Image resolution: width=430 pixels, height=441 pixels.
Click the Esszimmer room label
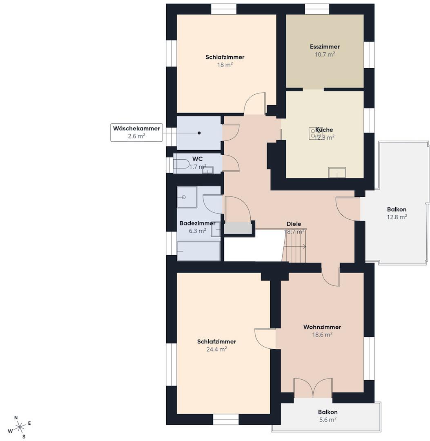click(325, 47)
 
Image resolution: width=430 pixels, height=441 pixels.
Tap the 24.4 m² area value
click(216, 349)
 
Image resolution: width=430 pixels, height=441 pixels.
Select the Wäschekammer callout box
click(136, 132)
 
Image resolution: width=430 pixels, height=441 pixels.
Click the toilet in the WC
click(181, 164)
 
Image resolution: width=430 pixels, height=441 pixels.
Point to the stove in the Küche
click(316, 133)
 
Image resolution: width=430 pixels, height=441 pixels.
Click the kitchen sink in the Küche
click(337, 172)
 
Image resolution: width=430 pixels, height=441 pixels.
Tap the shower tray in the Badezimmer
click(187, 197)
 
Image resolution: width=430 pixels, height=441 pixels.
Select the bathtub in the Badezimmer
click(198, 251)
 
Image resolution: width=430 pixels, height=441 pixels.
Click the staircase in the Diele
click(294, 245)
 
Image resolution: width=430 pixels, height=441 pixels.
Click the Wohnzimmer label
click(322, 327)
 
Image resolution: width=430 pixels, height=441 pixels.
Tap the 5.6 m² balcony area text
click(328, 420)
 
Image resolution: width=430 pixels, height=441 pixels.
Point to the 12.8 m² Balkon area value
click(397, 217)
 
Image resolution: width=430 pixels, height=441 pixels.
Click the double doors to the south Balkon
click(313, 388)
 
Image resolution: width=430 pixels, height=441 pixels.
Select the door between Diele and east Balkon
click(348, 209)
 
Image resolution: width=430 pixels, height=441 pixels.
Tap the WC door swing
click(231, 163)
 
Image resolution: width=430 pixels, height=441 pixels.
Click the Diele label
click(294, 224)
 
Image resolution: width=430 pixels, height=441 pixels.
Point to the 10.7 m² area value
click(325, 54)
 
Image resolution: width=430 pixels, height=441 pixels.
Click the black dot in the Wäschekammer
click(199, 133)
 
